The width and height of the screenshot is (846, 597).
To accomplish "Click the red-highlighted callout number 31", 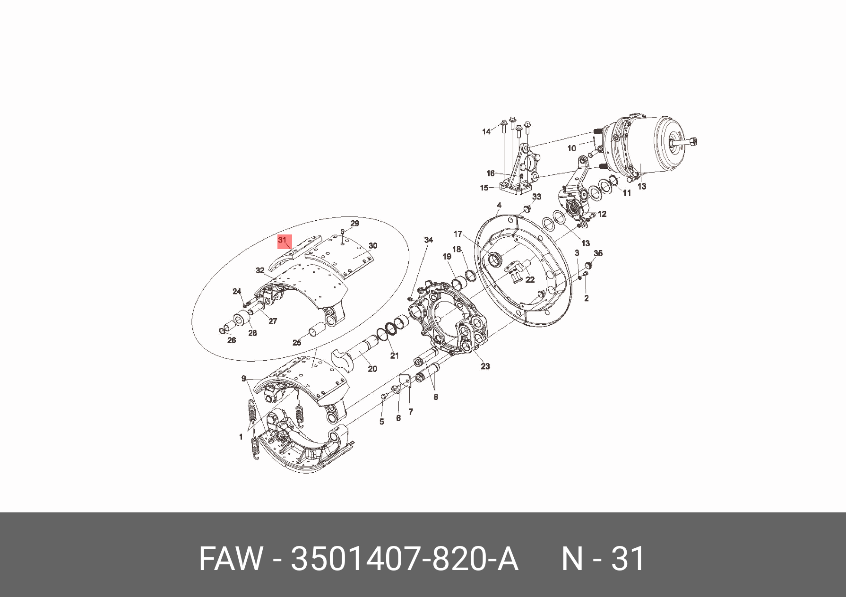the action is (x=283, y=240).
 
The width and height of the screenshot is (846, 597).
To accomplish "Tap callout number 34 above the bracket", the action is (x=428, y=240).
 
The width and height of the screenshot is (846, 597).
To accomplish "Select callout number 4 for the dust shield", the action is (x=499, y=205).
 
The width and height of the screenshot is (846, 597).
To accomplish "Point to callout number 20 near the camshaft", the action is (x=372, y=369).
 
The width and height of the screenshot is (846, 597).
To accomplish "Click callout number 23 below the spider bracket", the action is (x=485, y=366).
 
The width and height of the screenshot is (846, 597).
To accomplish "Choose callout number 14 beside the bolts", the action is (x=486, y=131).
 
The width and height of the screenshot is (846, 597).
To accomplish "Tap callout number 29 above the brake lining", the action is (x=354, y=223).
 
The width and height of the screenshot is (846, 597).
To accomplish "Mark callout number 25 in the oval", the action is (x=297, y=343).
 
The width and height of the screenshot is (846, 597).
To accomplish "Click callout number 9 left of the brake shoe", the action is (x=244, y=378).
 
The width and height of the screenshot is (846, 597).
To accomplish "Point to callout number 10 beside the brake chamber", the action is (x=572, y=148).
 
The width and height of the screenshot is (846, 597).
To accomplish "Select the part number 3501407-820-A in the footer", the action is (x=405, y=559).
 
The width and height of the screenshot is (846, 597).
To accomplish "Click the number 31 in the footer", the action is (x=629, y=559).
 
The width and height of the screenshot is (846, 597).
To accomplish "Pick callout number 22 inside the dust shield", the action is (x=530, y=279).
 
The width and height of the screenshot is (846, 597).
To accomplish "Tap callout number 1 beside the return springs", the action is (x=241, y=437).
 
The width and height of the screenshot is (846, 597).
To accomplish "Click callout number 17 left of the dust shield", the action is (x=458, y=234).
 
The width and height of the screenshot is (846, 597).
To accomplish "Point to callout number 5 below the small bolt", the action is (x=382, y=422).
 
